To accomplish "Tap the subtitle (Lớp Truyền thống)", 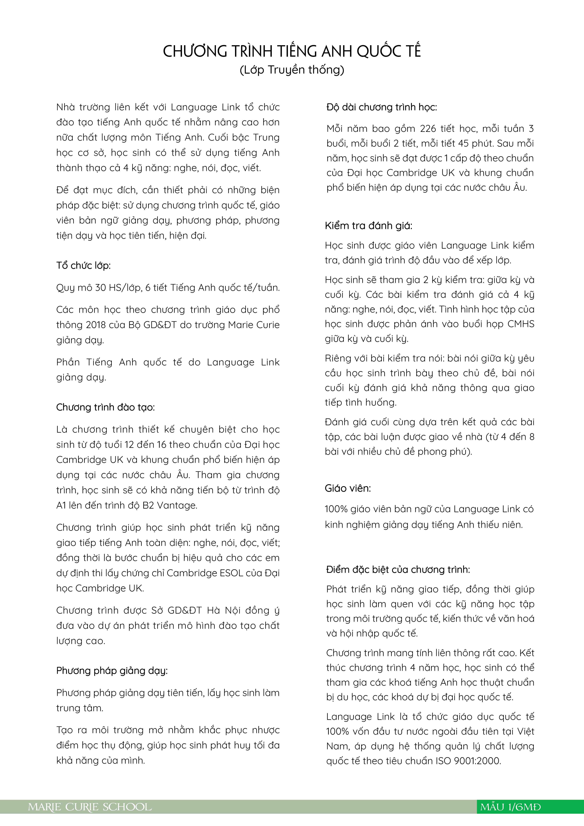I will (x=292, y=70).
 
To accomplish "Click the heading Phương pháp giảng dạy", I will (x=112, y=671).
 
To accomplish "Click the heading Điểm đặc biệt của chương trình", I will (x=398, y=570).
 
